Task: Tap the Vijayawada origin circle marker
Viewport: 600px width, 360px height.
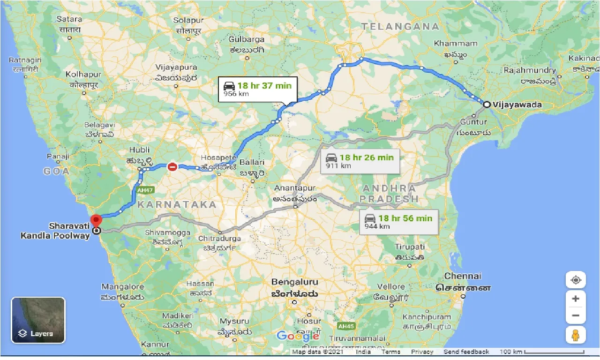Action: [487, 105]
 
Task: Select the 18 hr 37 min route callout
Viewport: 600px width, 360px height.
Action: [257, 89]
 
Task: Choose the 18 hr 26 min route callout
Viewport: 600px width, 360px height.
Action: [360, 161]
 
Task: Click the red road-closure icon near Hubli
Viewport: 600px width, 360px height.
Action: [172, 166]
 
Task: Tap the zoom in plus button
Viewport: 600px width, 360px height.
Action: [576, 299]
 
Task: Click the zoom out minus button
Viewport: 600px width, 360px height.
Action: [576, 315]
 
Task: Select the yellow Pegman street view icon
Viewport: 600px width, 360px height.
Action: [576, 335]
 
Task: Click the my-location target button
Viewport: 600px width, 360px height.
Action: [576, 280]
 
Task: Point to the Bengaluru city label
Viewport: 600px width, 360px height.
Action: [294, 282]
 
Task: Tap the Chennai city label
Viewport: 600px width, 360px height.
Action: [462, 276]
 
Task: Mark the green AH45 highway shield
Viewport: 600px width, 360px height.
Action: [345, 325]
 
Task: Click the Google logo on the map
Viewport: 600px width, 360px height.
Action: [298, 336]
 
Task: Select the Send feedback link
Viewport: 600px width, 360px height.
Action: [466, 352]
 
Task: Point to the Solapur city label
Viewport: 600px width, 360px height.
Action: [188, 20]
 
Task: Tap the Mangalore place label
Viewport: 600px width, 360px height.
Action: [122, 286]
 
